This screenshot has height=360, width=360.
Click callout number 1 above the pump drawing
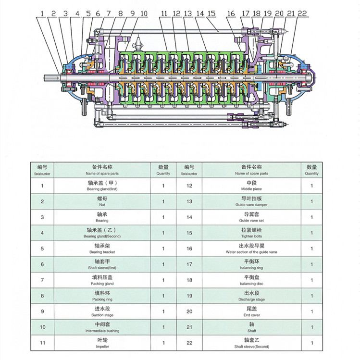[x=42, y=13]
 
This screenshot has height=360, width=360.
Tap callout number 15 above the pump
[x=212, y=13]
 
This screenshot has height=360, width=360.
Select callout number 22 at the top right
[x=302, y=13]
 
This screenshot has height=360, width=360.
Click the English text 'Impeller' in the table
[x=102, y=346]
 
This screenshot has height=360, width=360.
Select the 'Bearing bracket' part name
[x=102, y=252]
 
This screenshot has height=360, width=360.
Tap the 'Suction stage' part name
[x=102, y=315]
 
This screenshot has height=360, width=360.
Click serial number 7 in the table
[x=42, y=280]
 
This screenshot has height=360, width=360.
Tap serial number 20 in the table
[x=189, y=311]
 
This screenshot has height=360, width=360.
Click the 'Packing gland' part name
[x=102, y=284]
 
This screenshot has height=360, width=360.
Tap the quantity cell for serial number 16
[x=311, y=248]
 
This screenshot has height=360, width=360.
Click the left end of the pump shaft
[x=46, y=77]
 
